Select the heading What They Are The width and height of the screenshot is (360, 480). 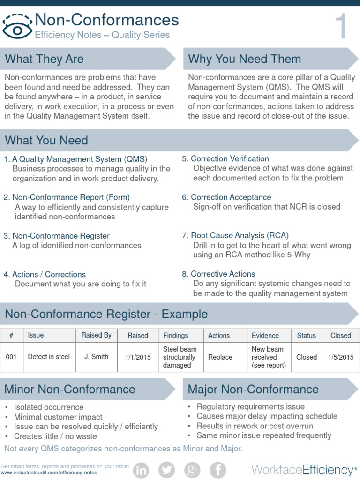coord(44,59)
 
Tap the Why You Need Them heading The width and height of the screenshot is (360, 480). coord(244,59)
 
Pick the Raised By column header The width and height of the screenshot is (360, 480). coord(96,335)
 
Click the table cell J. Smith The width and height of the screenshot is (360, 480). coord(96,357)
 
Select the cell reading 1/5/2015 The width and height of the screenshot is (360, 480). coord(341,357)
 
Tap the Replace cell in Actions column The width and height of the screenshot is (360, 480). coord(220,357)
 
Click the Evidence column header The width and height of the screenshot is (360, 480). coord(265,335)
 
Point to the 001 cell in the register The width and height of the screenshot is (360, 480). coord(11,357)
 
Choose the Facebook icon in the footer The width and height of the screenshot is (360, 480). coord(217,469)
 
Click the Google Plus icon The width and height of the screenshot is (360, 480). coord(192,469)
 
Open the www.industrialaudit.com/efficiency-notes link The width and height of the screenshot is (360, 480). coord(49,472)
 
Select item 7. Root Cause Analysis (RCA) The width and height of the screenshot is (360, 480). coord(235,235)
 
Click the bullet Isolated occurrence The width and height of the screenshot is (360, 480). coord(49,407)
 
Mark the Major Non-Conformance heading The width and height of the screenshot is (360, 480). coord(253,389)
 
